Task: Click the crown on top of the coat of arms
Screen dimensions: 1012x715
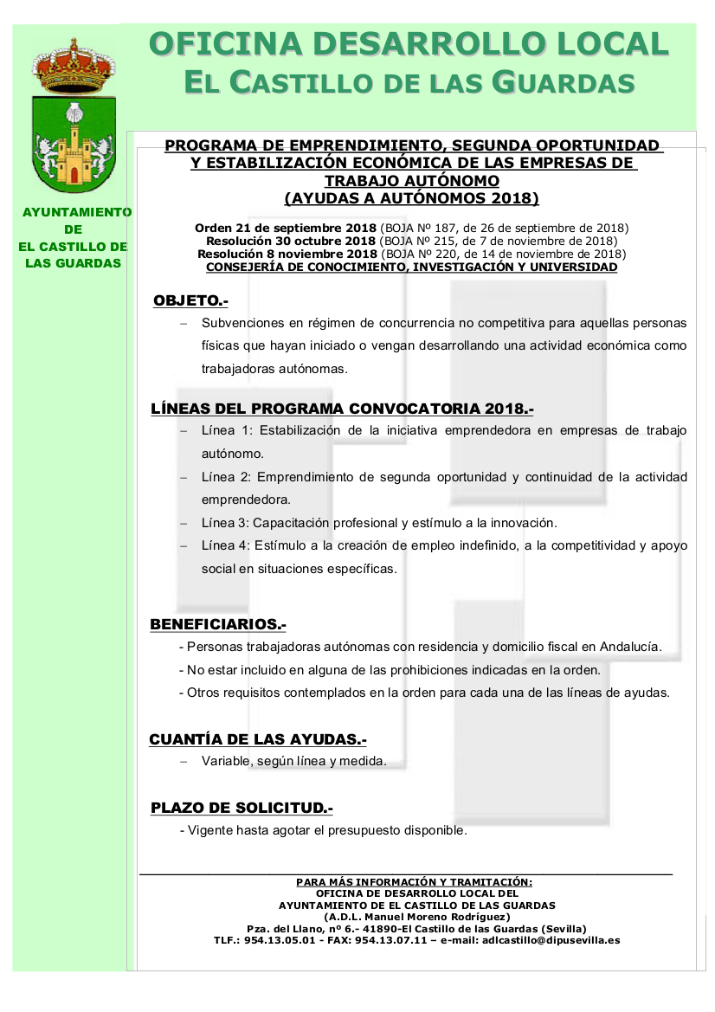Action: (x=74, y=66)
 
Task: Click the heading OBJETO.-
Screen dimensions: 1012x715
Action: (x=190, y=301)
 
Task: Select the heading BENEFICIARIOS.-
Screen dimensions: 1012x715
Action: (x=218, y=624)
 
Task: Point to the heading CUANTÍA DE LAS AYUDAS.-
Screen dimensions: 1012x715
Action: (x=258, y=739)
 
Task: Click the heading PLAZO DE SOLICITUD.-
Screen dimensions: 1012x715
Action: (x=242, y=808)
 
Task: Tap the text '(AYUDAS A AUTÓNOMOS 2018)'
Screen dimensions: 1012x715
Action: (x=411, y=198)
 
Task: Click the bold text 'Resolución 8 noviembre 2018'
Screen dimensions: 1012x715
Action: (x=287, y=254)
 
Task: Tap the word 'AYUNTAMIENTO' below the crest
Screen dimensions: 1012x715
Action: (x=76, y=212)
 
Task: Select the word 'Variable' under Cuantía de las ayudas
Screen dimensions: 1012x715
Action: (x=224, y=762)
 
